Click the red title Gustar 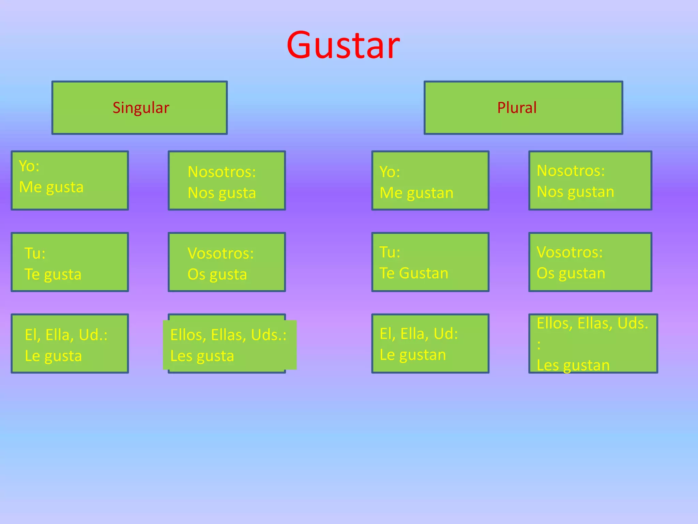pyautogui.click(x=343, y=45)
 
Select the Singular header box pyautogui.click(x=139, y=108)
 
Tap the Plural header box pyautogui.click(x=523, y=108)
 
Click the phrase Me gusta pyautogui.click(x=51, y=187)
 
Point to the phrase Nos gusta pyautogui.click(x=222, y=193)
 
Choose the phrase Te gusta pyautogui.click(x=53, y=275)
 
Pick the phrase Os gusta pyautogui.click(x=217, y=275)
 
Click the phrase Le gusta pyautogui.click(x=53, y=356)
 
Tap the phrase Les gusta pyautogui.click(x=202, y=356)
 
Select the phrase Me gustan pyautogui.click(x=416, y=193)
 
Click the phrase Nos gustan pyautogui.click(x=575, y=192)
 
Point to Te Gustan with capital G pyautogui.click(x=414, y=274)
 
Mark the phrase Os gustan pyautogui.click(x=571, y=274)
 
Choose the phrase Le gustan pyautogui.click(x=413, y=355)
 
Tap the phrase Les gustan pyautogui.click(x=573, y=365)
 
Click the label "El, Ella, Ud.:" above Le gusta pyautogui.click(x=66, y=335)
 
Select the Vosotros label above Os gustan pyautogui.click(x=570, y=252)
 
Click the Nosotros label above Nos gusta pyautogui.click(x=222, y=172)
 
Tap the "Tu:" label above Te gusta pyautogui.click(x=35, y=253)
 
